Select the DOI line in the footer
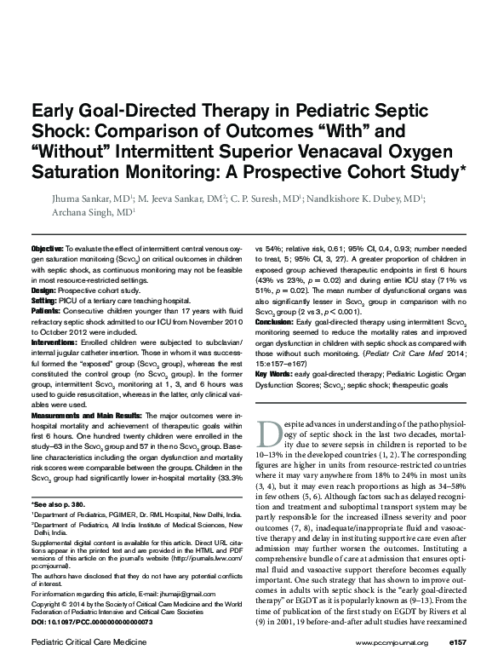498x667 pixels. tap(92, 623)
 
